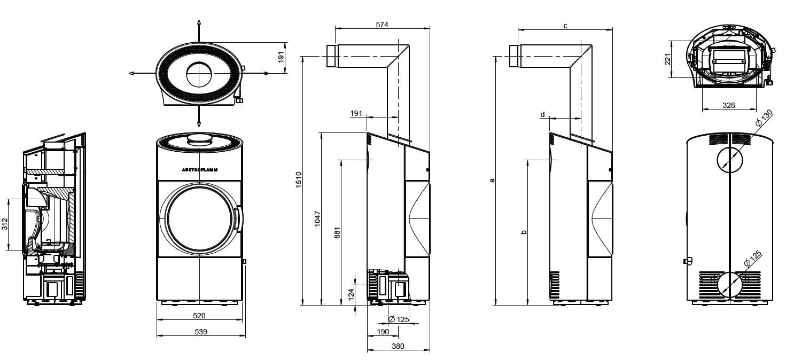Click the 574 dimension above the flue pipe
tap(382, 25)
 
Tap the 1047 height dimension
tap(317, 219)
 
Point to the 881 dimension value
tap(337, 233)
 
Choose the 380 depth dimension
tap(398, 346)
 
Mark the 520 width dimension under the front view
tap(199, 316)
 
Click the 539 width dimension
tap(200, 332)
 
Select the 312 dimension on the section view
tap(5, 224)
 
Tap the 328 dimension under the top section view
tap(728, 105)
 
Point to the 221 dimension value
tap(667, 59)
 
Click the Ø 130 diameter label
tap(765, 118)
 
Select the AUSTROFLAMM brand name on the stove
tap(200, 169)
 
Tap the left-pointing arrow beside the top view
tap(132, 74)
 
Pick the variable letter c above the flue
tap(565, 25)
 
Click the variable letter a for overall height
tap(492, 180)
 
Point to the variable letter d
tap(542, 114)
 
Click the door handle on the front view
tap(236, 218)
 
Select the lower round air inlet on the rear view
tap(730, 284)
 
